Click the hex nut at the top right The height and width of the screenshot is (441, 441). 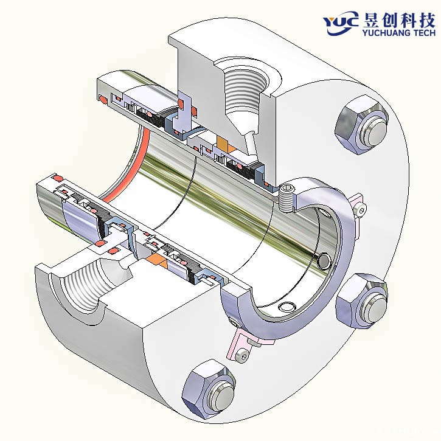coord(361,127)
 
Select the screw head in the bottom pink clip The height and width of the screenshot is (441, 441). coord(243,355)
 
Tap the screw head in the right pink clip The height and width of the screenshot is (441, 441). coord(363,210)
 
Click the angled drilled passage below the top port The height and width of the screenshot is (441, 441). coord(251,145)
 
